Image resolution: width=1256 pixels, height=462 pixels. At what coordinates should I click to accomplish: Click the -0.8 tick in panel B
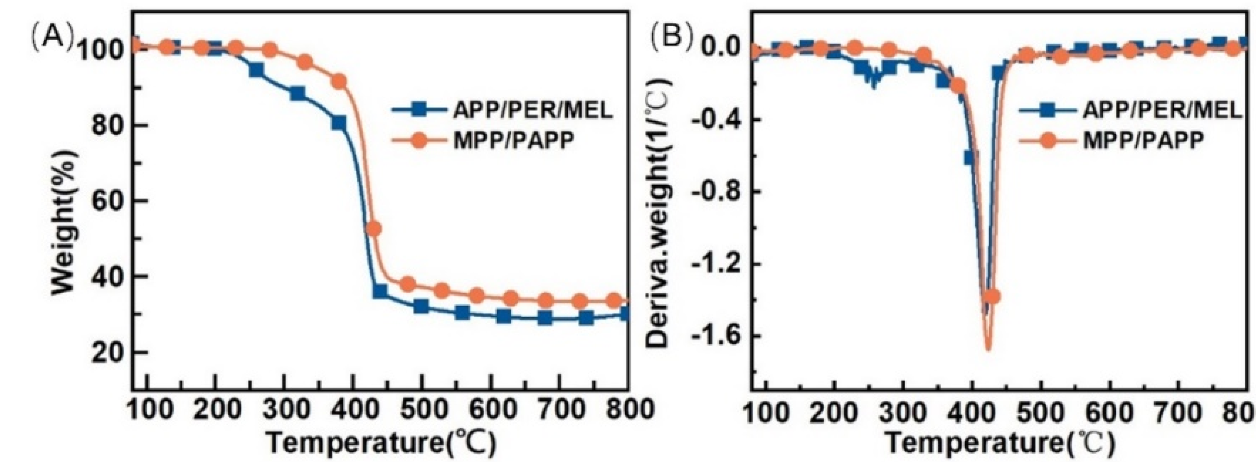(x=715, y=192)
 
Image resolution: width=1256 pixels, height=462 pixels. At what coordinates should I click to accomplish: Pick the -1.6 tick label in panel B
(x=715, y=336)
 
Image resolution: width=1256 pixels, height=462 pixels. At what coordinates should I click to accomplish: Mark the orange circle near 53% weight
(x=373, y=228)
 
